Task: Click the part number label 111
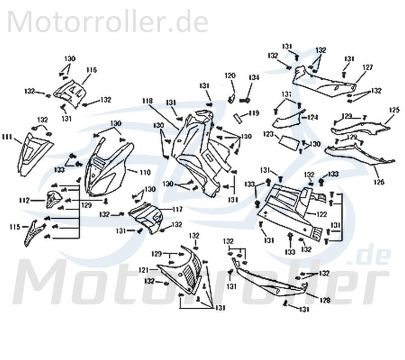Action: point(7,136)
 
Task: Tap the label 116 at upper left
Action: point(92,70)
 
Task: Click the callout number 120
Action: point(230,76)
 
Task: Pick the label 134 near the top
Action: point(254,78)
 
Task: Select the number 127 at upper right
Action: point(368,67)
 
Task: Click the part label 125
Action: point(394,109)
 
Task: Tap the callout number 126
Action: point(379,182)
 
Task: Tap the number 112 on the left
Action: point(25,200)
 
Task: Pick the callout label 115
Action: point(14,227)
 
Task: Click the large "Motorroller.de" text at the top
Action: point(108,21)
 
